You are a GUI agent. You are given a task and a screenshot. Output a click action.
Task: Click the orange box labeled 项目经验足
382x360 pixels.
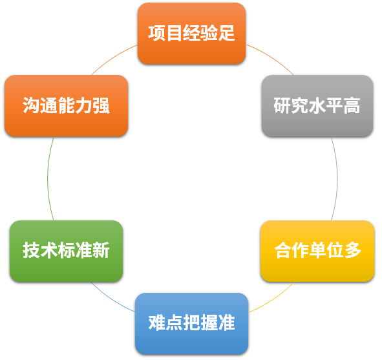click(191, 34)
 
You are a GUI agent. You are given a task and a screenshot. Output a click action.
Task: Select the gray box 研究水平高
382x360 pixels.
click(317, 105)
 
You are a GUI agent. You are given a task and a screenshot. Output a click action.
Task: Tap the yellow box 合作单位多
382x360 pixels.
click(317, 251)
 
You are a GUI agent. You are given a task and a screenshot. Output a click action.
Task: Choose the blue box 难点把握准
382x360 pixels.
click(191, 323)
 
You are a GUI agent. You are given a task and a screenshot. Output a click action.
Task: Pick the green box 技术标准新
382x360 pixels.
click(67, 251)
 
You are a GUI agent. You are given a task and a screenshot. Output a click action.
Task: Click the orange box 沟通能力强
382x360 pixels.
click(67, 105)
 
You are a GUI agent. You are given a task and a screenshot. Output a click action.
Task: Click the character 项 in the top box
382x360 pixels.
click(156, 33)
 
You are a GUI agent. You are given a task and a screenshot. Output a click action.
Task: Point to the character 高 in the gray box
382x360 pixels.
click(352, 105)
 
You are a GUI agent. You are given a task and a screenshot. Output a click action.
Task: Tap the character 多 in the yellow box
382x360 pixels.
click(353, 250)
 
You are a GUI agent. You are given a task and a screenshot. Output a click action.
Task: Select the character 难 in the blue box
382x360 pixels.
click(157, 323)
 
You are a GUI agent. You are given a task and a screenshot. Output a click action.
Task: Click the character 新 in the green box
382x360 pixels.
click(101, 250)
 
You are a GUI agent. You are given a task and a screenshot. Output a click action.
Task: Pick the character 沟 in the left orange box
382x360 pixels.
click(31, 105)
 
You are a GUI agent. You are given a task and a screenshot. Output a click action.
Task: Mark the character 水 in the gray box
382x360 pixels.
click(317, 105)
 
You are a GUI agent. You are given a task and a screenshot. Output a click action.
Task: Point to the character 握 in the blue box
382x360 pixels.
click(209, 323)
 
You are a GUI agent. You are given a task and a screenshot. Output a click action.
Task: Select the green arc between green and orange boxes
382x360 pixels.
click(48, 178)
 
